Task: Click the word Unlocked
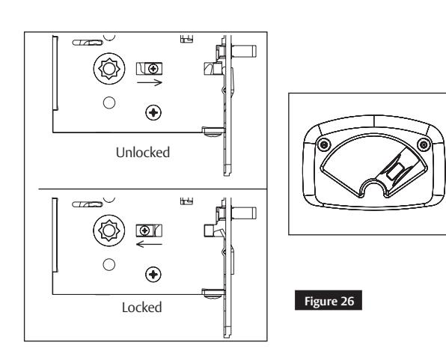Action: coord(142,152)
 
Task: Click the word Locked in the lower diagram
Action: coord(143,307)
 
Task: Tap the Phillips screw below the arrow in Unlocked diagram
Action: coord(154,113)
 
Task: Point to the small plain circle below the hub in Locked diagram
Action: coord(108,263)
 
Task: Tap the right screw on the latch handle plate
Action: coord(423,144)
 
